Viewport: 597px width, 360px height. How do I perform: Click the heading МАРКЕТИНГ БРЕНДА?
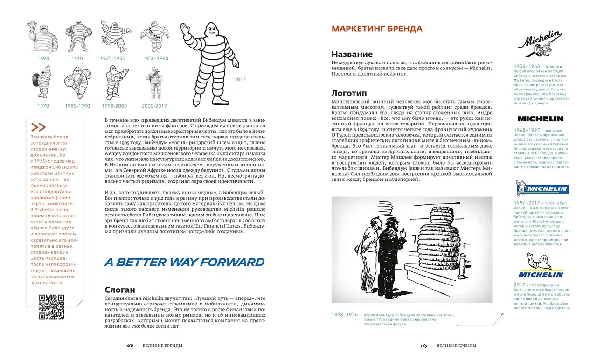pos(376,28)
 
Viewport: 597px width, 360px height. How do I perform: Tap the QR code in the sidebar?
pos(51,307)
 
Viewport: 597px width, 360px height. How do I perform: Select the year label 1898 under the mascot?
pos(43,59)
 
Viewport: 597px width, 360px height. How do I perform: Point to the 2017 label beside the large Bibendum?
pos(240,80)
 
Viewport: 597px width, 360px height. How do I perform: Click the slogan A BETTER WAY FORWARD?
pos(184,262)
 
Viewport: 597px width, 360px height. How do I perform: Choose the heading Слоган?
pos(119,290)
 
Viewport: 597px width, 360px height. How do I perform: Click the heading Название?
pos(352,54)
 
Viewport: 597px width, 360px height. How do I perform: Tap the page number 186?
pos(130,346)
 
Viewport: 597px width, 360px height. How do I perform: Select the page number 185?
pos(424,346)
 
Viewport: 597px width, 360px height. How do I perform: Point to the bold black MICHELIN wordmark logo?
pos(540,118)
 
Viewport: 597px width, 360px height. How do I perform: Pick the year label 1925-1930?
pos(113,59)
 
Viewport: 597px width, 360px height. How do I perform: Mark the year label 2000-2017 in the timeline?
pos(154,106)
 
